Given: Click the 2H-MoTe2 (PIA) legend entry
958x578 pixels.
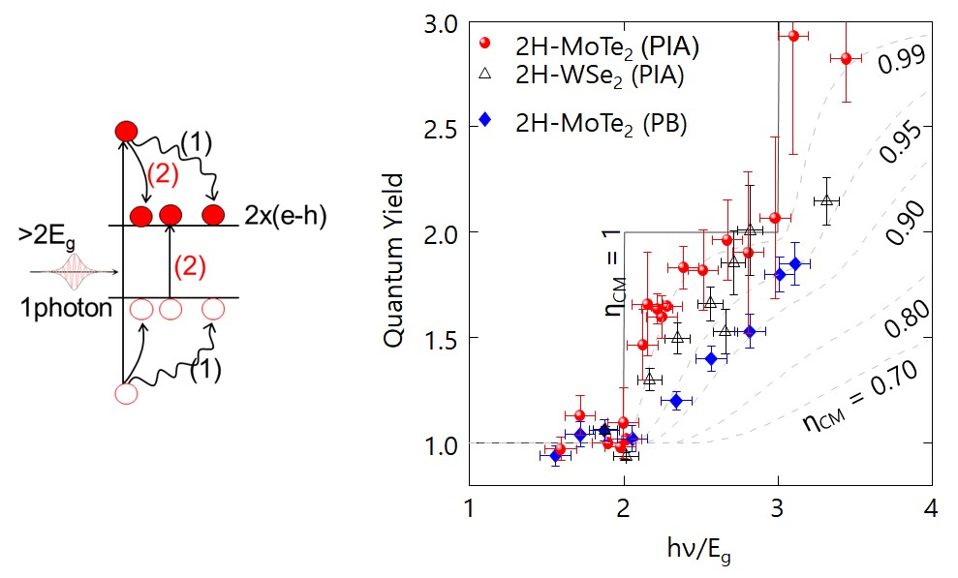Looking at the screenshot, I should pyautogui.click(x=590, y=46).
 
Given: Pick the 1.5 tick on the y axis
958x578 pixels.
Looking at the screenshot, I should pyautogui.click(x=444, y=338).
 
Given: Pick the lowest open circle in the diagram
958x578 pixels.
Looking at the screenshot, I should pyautogui.click(x=126, y=394).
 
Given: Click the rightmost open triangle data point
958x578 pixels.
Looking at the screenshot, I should pyautogui.click(x=826, y=200).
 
